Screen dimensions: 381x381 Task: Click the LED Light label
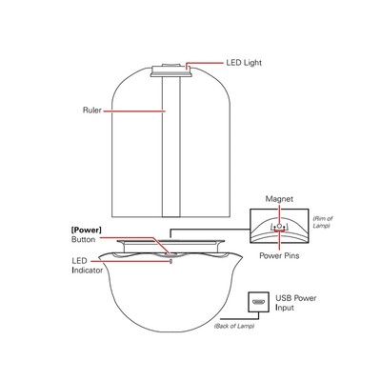pyautogui.click(x=244, y=63)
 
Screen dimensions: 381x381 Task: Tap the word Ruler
pyautogui.click(x=92, y=110)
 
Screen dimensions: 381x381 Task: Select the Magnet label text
pyautogui.click(x=279, y=199)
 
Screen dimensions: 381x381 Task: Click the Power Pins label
pyautogui.click(x=279, y=255)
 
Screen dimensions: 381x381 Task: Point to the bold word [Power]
pyautogui.click(x=87, y=230)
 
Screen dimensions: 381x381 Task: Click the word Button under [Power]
pyautogui.click(x=83, y=239)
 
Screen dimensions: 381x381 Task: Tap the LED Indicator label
pyautogui.click(x=87, y=266)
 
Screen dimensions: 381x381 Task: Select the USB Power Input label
pyautogui.click(x=295, y=303)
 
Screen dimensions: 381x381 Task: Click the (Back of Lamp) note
pyautogui.click(x=234, y=326)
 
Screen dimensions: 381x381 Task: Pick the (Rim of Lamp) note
pyautogui.click(x=323, y=222)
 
